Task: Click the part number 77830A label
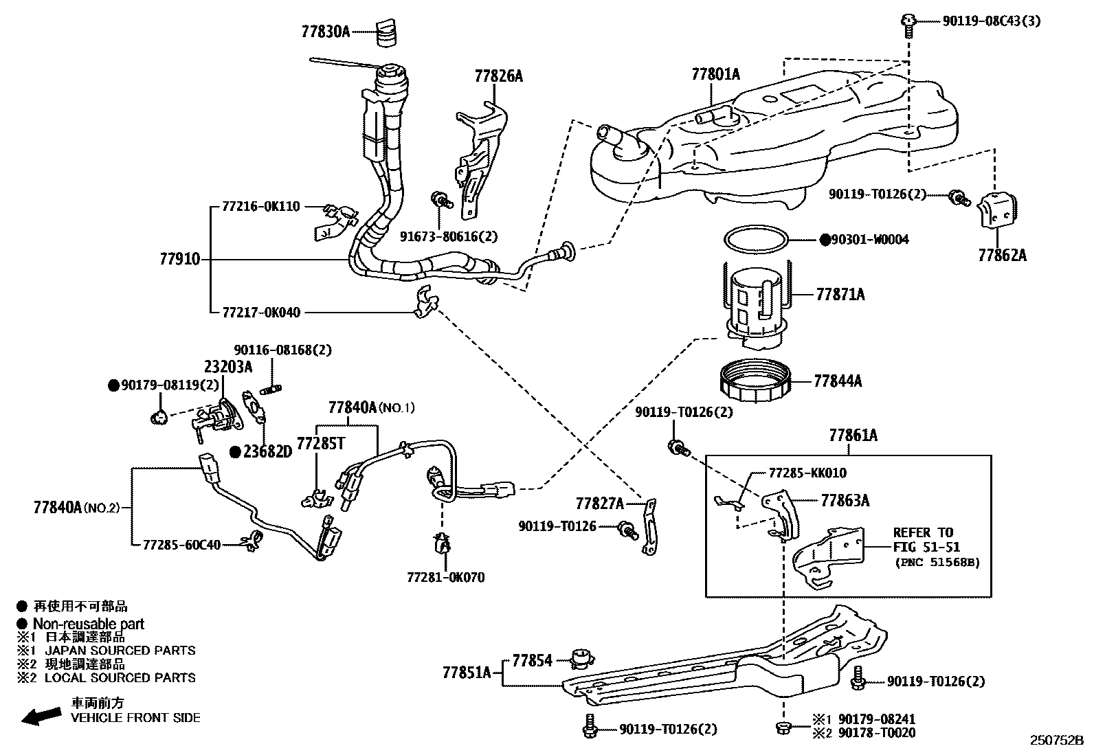point(325,32)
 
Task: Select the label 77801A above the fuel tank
point(715,74)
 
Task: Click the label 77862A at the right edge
point(1002,256)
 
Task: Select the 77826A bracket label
point(498,76)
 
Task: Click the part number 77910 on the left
point(180,259)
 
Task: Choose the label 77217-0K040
point(261,313)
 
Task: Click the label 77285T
point(320,444)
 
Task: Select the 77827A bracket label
point(599,504)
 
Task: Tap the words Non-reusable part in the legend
point(89,624)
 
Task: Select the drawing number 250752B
point(1056,741)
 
